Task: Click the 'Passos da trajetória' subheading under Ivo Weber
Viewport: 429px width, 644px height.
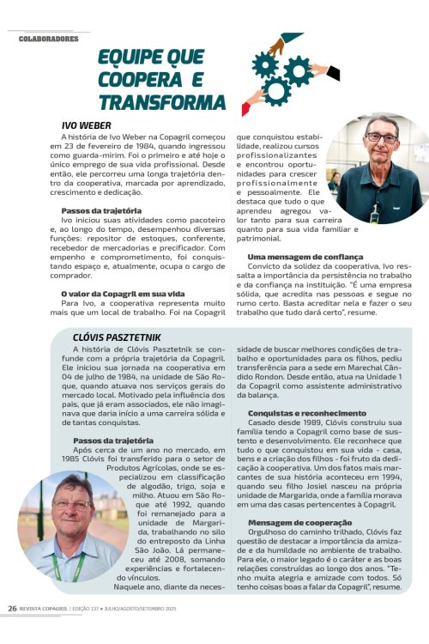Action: pos(101,210)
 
